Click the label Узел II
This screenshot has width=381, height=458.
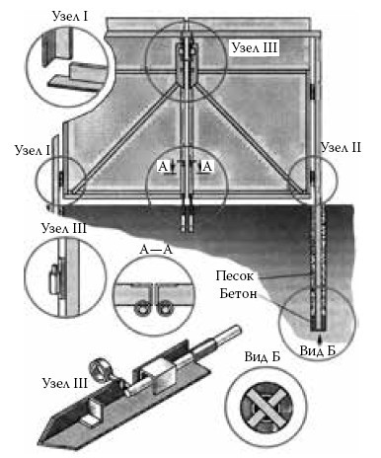tap(341, 147)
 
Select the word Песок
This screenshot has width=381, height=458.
tap(235, 275)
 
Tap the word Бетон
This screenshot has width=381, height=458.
tap(238, 293)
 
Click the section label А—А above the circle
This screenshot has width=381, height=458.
tap(156, 250)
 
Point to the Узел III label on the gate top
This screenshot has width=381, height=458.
tap(255, 48)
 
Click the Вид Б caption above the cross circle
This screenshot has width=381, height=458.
tap(262, 356)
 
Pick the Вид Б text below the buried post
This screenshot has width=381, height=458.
tap(317, 350)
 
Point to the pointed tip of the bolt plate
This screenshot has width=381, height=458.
tap(38, 443)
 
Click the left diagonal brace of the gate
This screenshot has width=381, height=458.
tap(126, 137)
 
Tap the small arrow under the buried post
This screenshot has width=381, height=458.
tap(318, 340)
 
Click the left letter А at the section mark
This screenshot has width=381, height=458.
tap(163, 167)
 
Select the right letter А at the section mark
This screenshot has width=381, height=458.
tap(207, 167)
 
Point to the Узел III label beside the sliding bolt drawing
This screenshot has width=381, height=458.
tap(65, 383)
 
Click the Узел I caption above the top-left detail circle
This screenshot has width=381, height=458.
tap(70, 17)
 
